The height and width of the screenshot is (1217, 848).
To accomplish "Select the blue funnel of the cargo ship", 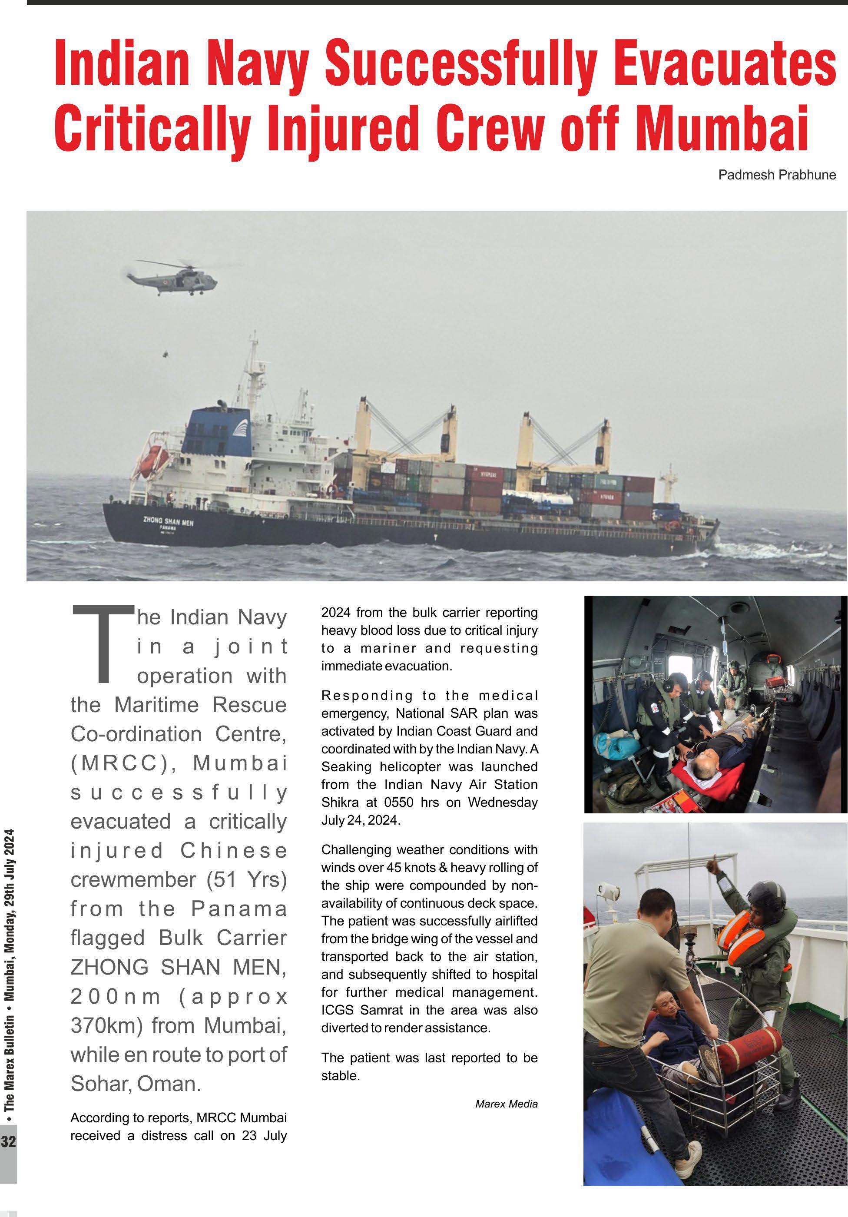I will [x=217, y=431].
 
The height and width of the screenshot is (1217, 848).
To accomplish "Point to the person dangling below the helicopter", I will [x=166, y=354].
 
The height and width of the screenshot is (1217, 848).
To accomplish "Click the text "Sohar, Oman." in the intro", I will [x=136, y=1084].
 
